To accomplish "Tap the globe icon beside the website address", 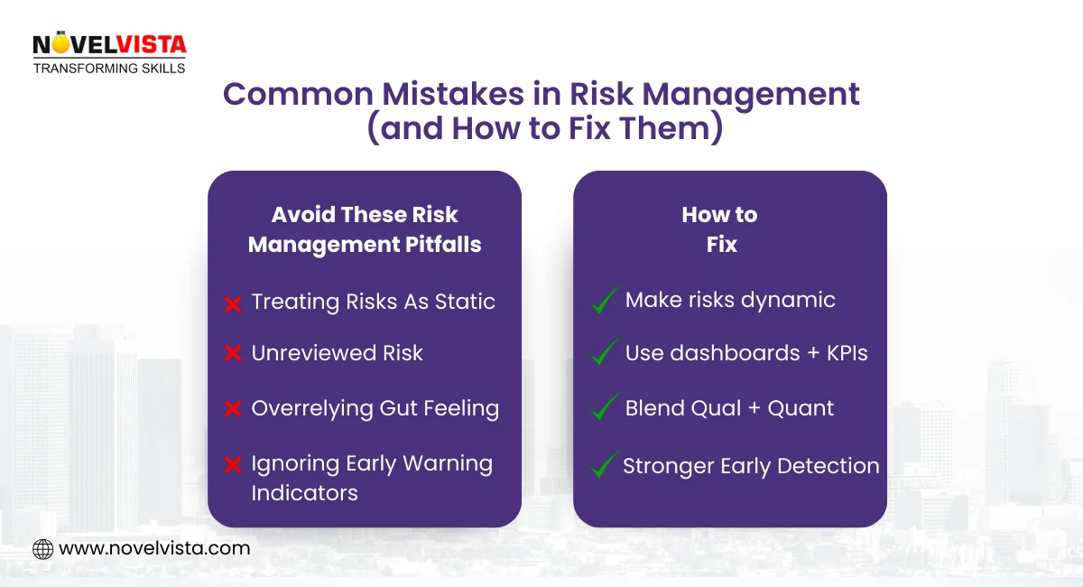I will click(x=42, y=548).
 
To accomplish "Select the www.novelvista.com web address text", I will click(x=154, y=548).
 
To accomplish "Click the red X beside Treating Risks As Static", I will click(x=233, y=304).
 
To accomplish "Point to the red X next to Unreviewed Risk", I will click(x=233, y=354).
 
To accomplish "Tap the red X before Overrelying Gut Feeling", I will click(x=233, y=409).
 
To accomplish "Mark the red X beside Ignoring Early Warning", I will click(x=233, y=465).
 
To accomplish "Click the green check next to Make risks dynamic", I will click(x=604, y=301).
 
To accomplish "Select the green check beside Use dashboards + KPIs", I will click(x=604, y=353).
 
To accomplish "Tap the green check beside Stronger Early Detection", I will click(x=604, y=465).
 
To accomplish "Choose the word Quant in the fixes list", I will click(x=801, y=408).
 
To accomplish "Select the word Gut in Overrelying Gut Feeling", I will click(x=393, y=408).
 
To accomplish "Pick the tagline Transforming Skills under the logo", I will click(x=108, y=69).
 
